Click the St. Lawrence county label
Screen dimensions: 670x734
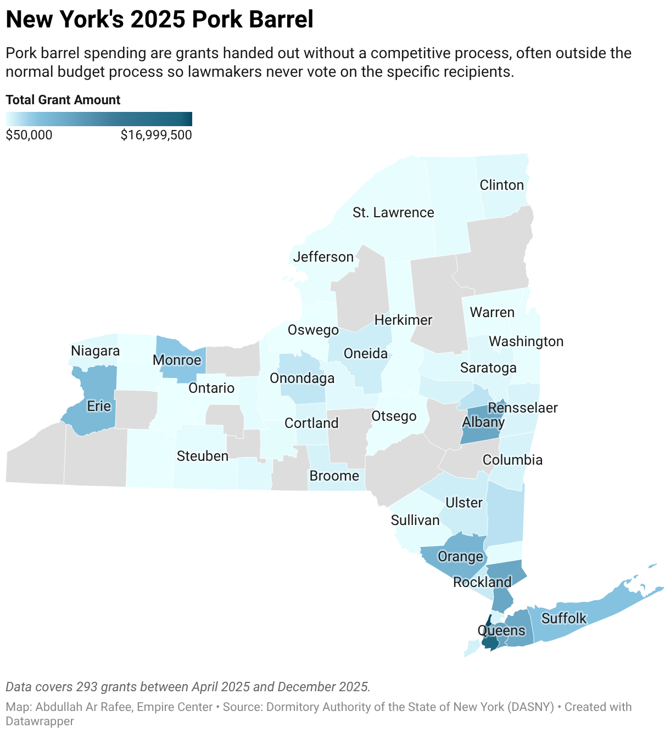pyautogui.click(x=393, y=212)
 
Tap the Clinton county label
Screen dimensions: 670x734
pyautogui.click(x=501, y=185)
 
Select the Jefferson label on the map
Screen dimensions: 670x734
pyautogui.click(x=323, y=257)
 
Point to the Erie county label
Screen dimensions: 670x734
pyautogui.click(x=99, y=406)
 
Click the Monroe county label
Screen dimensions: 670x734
pyautogui.click(x=177, y=360)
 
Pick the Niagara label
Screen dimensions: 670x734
pyautogui.click(x=96, y=351)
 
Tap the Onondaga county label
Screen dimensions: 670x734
pyautogui.click(x=302, y=378)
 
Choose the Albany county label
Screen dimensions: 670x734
pyautogui.click(x=483, y=422)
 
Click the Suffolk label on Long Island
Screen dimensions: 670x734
pyautogui.click(x=564, y=618)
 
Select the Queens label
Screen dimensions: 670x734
pyautogui.click(x=501, y=630)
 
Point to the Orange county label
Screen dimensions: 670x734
pyautogui.click(x=460, y=556)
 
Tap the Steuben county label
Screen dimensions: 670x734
pyautogui.click(x=203, y=456)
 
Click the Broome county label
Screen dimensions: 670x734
pyautogui.click(x=334, y=476)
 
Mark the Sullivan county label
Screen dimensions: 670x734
pyautogui.click(x=415, y=520)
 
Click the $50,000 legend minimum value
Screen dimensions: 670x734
pyautogui.click(x=29, y=135)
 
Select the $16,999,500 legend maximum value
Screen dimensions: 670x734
pyautogui.click(x=157, y=135)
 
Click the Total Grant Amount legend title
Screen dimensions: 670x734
pyautogui.click(x=63, y=100)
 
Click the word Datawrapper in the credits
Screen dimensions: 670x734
pyautogui.click(x=40, y=721)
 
